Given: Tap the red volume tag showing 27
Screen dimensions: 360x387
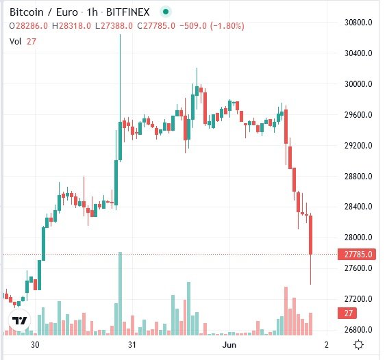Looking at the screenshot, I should point(348,313).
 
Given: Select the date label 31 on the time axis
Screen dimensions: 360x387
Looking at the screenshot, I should point(133,345).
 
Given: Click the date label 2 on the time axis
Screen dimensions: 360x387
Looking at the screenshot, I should point(327,345).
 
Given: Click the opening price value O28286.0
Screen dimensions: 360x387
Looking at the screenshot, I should point(30,25).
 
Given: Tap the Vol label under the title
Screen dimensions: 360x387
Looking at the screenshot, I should point(16,41).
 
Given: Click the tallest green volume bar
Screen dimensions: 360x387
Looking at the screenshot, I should point(121,294).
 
